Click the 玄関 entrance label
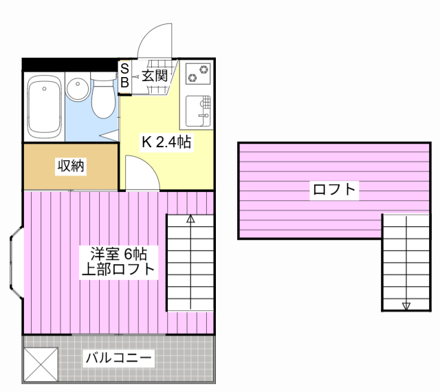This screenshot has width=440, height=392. point(155,76)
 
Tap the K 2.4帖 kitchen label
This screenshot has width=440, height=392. point(166,142)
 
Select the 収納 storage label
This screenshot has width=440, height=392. point(70,166)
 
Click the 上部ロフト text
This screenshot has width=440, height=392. point(118,269)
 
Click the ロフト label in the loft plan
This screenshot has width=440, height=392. point(335,190)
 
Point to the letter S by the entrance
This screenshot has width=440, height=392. point(125,68)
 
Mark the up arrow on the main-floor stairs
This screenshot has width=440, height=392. point(190,220)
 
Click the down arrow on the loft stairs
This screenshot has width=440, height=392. point(406,306)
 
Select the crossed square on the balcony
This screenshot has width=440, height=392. point(41,362)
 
